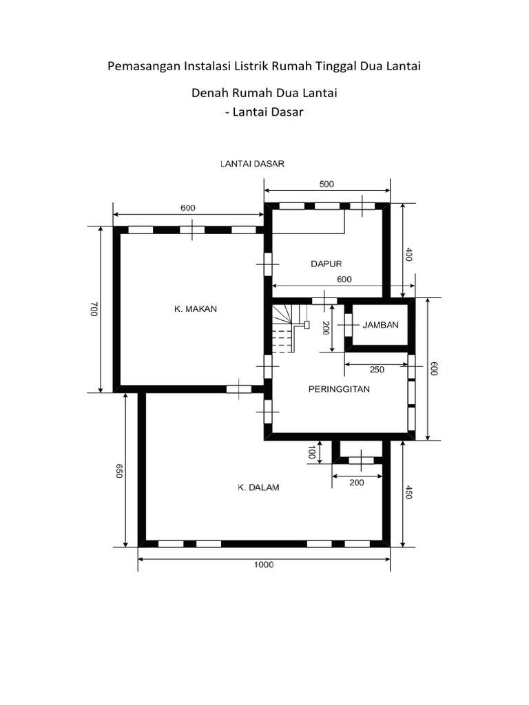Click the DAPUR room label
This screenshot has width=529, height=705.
pos(326,263)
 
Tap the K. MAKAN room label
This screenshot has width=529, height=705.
pos(195,309)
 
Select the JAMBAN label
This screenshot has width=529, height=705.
pos(380,325)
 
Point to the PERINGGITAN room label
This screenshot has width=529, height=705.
pos(338,389)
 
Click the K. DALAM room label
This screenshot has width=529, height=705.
pos(258,487)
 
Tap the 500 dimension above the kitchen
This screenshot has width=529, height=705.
pos(327,184)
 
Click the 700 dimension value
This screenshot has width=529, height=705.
pos(94,309)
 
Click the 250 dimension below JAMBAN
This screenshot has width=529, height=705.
pos(377,370)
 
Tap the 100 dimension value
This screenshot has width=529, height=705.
pos(311,453)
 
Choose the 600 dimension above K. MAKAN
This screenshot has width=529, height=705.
pos(188,207)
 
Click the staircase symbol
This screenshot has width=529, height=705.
pos(284,328)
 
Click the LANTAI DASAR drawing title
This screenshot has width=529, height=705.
pos(252,164)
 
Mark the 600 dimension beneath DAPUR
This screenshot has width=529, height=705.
pos(344,279)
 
